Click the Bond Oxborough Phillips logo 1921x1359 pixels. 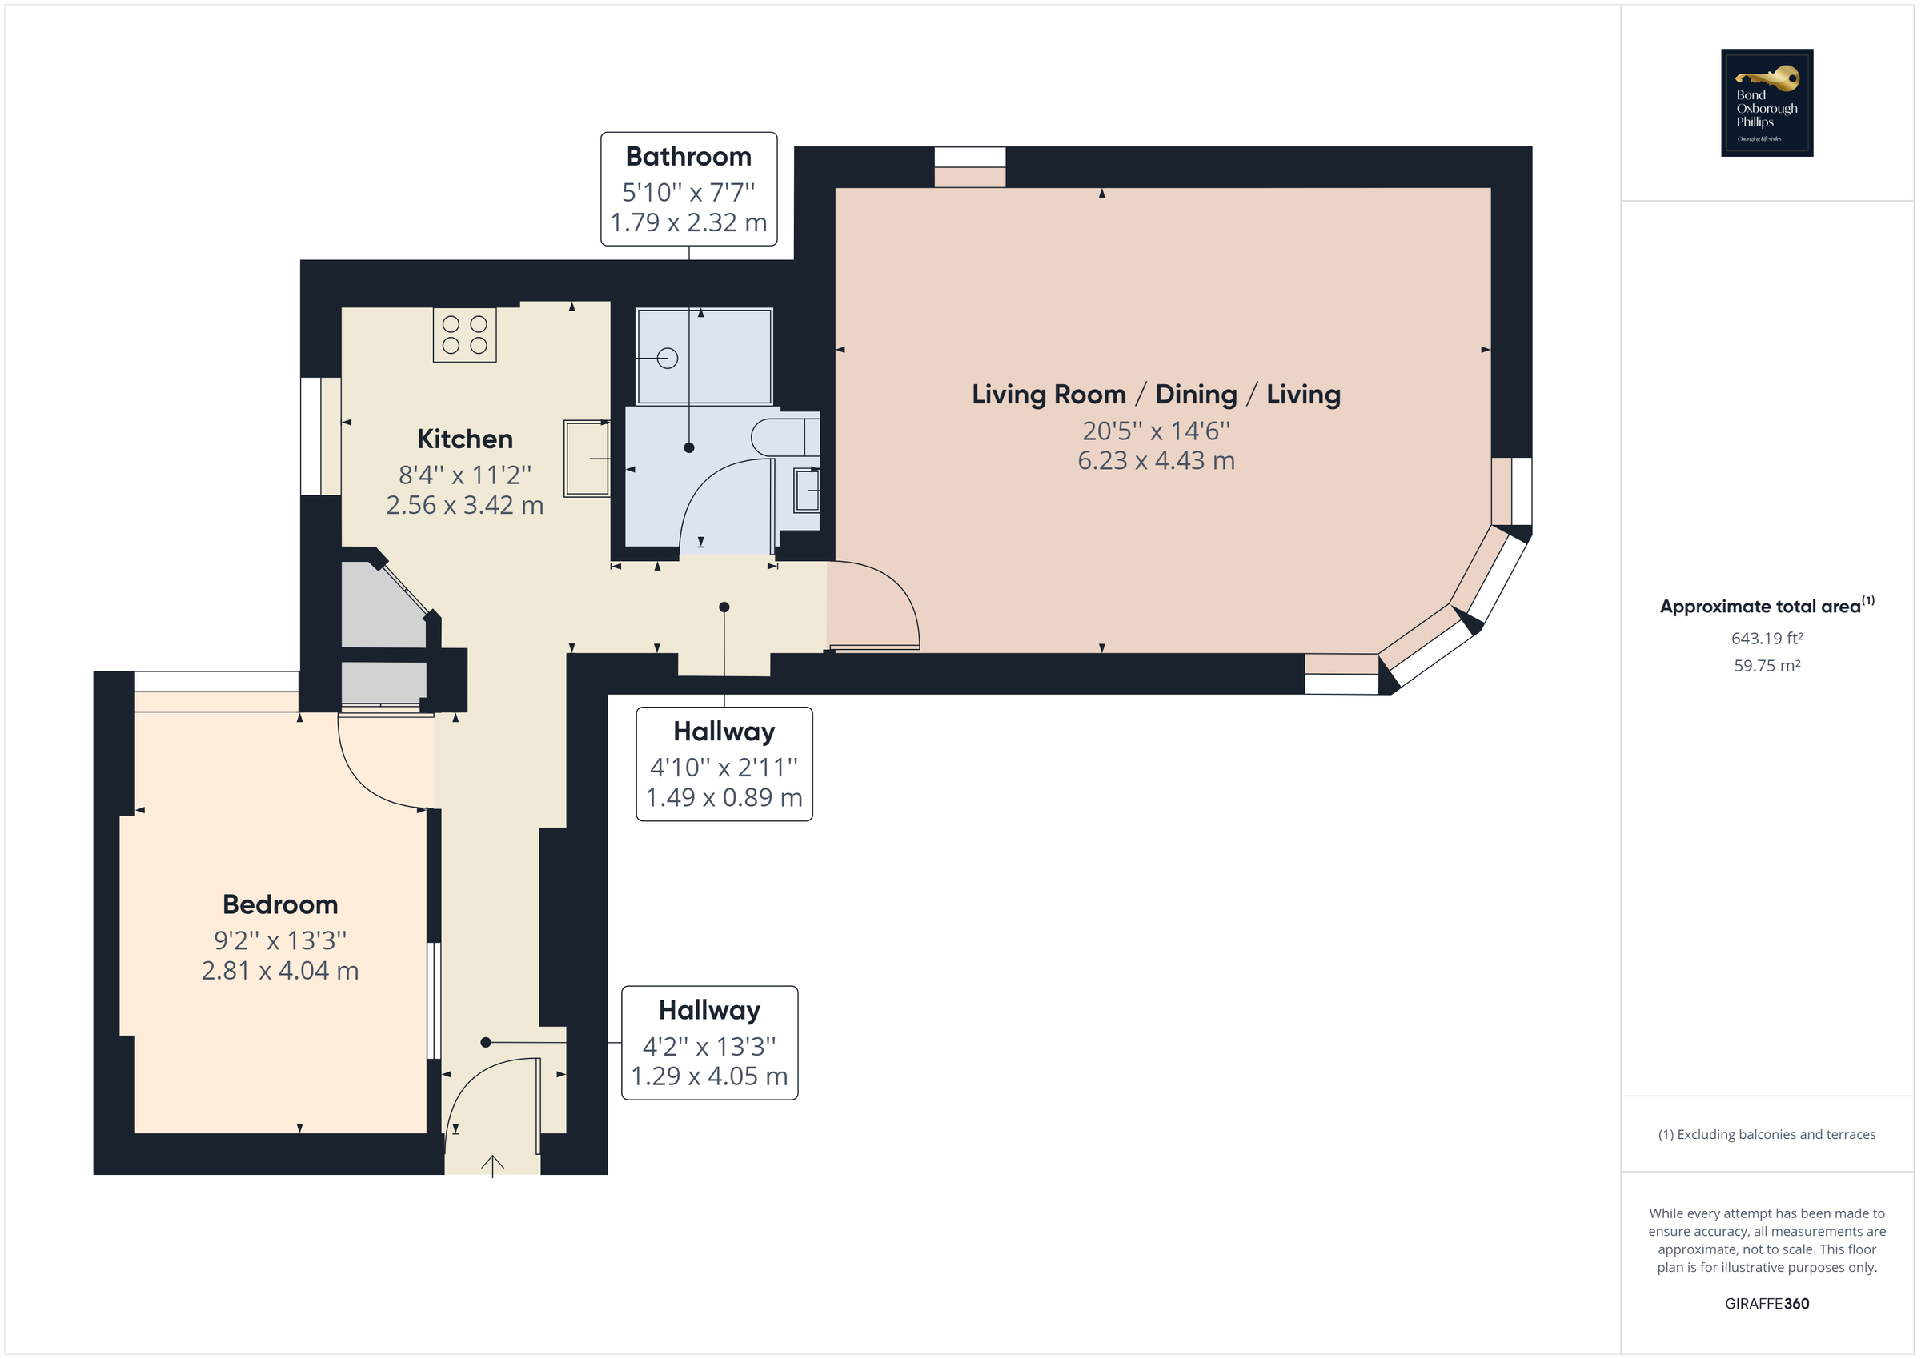coord(1766,102)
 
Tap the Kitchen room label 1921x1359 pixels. coord(464,439)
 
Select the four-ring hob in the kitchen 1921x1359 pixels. coord(464,335)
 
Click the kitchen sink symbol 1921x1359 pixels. coord(586,459)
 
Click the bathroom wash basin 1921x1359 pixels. coord(807,491)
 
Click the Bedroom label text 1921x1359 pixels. coord(279,904)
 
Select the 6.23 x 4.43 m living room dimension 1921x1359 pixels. coord(1156,460)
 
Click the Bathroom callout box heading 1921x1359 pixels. coord(688,157)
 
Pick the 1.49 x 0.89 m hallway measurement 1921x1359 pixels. coord(724,796)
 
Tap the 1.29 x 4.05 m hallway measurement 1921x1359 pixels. coord(708,1076)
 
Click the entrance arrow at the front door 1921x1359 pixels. coord(492,1165)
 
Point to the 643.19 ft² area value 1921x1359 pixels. coord(1767,638)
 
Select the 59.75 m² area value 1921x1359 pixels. coord(1767,665)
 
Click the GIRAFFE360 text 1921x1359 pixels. coord(1767,1303)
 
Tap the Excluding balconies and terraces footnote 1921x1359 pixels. coord(1767,1134)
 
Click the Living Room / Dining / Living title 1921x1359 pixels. coord(1156,394)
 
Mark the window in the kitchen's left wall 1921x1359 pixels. coord(319,436)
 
